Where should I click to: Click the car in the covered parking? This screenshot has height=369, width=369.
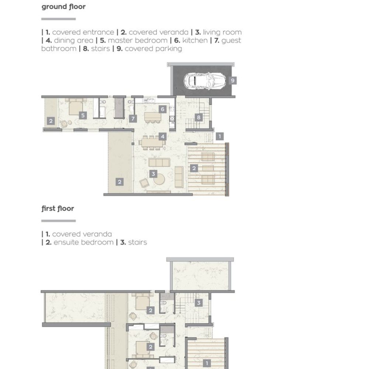pyautogui.click(x=204, y=80)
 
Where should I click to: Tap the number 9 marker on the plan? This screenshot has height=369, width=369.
pyautogui.click(x=232, y=80)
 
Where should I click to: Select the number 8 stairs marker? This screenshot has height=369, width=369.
pyautogui.click(x=199, y=117)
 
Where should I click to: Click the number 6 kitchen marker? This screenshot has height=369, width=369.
pyautogui.click(x=162, y=109)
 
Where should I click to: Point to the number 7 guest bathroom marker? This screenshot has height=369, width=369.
pyautogui.click(x=133, y=118)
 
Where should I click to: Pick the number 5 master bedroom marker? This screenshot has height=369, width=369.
pyautogui.click(x=83, y=115)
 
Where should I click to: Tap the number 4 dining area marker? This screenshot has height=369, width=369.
pyautogui.click(x=162, y=136)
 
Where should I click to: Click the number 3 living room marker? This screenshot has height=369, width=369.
pyautogui.click(x=153, y=174)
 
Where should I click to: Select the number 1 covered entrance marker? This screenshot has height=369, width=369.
pyautogui.click(x=220, y=136)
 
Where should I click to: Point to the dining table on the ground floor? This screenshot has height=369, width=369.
pyautogui.click(x=152, y=142)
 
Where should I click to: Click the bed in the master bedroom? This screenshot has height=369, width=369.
pyautogui.click(x=76, y=107)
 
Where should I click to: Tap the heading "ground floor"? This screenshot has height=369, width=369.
pyautogui.click(x=63, y=7)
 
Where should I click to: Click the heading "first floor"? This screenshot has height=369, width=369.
pyautogui.click(x=58, y=208)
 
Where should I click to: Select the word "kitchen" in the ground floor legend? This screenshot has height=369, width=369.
pyautogui.click(x=195, y=41)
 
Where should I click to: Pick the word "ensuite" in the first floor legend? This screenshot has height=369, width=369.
pyautogui.click(x=67, y=242)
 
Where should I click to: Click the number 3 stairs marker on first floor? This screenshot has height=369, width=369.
pyautogui.click(x=199, y=303)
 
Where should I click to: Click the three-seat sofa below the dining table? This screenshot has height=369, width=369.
pyautogui.click(x=159, y=162)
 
